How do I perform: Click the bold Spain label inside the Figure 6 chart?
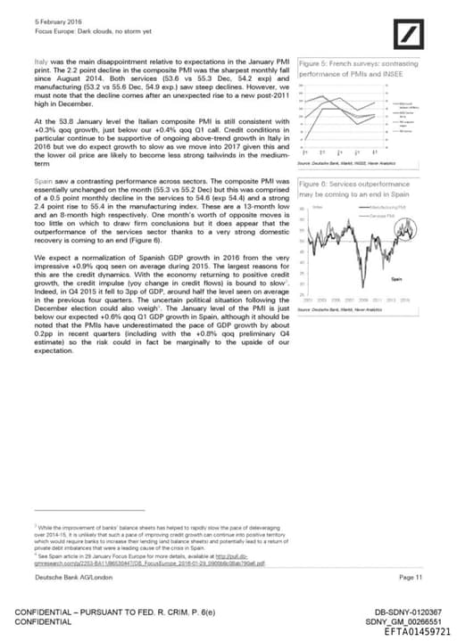click(397, 279)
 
